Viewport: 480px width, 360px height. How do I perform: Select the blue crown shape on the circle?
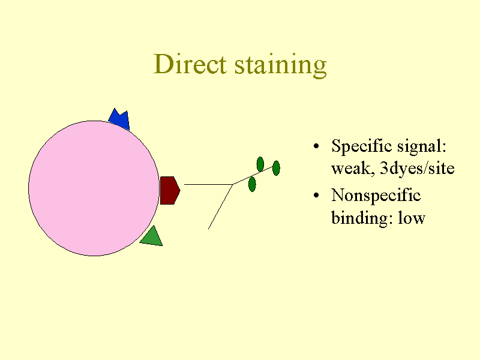(x=119, y=120)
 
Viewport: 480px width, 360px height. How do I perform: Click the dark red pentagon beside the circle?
(x=169, y=190)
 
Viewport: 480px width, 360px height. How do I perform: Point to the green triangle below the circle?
(x=151, y=237)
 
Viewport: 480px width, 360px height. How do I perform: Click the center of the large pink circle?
(x=94, y=188)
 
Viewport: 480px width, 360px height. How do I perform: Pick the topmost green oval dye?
(x=260, y=163)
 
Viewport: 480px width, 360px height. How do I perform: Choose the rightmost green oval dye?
(x=276, y=168)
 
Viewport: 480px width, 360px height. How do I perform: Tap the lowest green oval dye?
(x=252, y=184)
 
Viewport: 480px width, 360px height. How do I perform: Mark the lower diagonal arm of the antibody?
(x=220, y=206)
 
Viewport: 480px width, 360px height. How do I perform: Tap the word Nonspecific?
(x=376, y=196)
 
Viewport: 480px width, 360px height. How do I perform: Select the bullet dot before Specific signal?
(x=316, y=148)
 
